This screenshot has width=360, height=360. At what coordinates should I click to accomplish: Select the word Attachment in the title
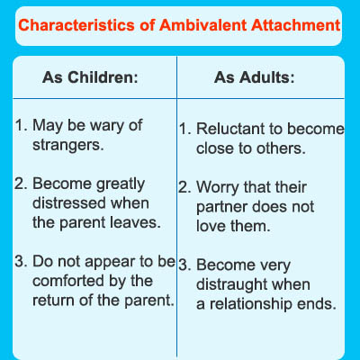[x=296, y=25]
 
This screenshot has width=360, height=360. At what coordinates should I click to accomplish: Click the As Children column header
[x=90, y=77]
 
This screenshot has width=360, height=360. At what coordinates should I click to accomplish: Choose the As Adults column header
[x=255, y=77]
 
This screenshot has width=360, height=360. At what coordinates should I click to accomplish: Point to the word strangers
[x=68, y=146]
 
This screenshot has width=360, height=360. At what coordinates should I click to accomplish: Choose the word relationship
[x=251, y=305]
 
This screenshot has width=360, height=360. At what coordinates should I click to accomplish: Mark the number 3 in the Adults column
[x=183, y=265]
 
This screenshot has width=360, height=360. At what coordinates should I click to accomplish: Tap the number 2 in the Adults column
[x=183, y=188]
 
